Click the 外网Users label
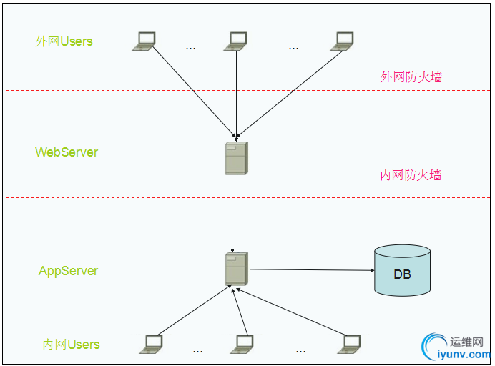pos(64,41)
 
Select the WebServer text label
pos(67,152)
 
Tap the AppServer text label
pos(68,271)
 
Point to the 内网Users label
pos(71,345)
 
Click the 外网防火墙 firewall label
pos(411,77)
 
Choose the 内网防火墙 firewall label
pos(411,175)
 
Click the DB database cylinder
pos(402,271)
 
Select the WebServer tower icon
pos(235,158)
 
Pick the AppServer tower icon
pos(235,269)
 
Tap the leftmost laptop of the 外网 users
pos(144,41)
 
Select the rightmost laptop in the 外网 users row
pos(343,41)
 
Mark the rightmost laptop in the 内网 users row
pos(351,344)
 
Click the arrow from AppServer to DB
pos(311,270)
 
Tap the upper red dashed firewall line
pos(107,91)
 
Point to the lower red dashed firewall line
pos(107,198)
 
